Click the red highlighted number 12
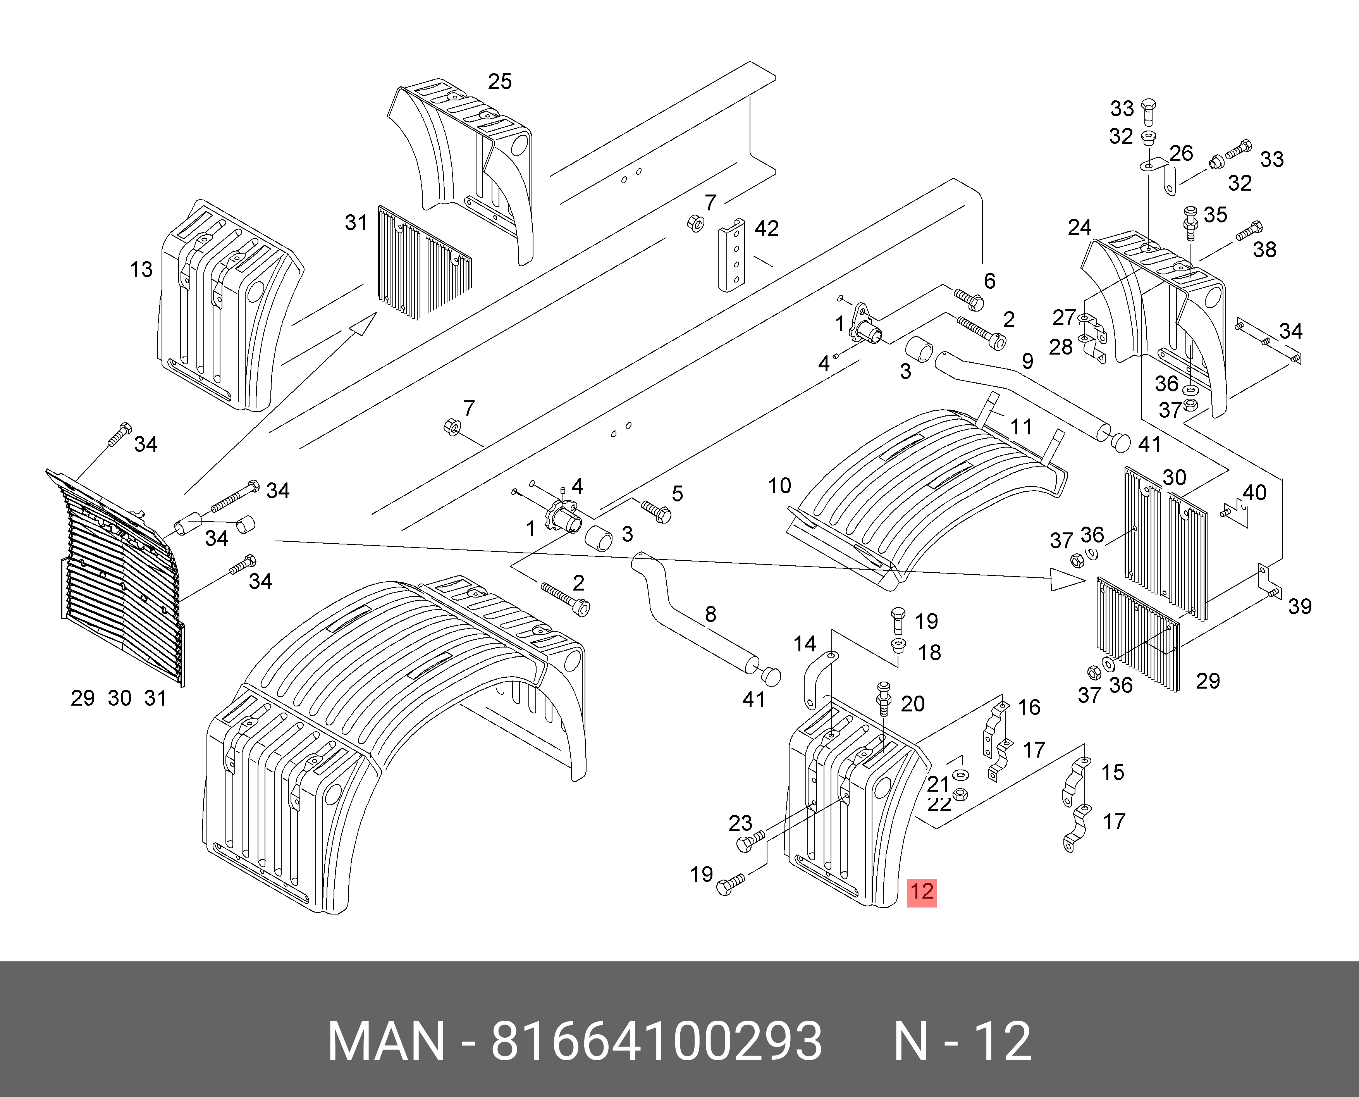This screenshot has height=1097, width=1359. click(921, 892)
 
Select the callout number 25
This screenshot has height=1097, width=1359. click(500, 81)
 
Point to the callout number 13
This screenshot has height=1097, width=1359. click(141, 270)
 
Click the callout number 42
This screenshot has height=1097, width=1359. click(766, 228)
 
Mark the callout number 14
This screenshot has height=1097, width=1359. click(804, 644)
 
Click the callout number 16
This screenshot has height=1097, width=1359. click(1029, 707)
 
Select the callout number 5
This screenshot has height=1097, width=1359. click(677, 494)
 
